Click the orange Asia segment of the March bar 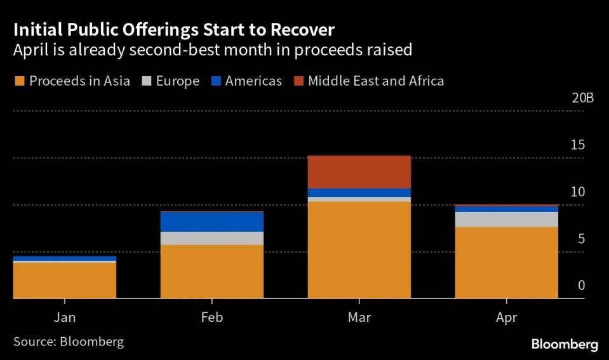coord(359,250)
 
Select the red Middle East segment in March coord(359,171)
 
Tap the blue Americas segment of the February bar coord(211,222)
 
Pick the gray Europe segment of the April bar coord(506,219)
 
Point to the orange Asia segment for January coord(64,280)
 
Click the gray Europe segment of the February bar coord(211,238)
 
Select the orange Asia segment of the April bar coord(506,262)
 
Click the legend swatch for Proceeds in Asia coord(18,81)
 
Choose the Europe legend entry coord(172,81)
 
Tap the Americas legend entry coord(246,81)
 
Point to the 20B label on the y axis coord(582,98)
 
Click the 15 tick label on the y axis coord(577,145)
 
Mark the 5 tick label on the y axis coord(580,239)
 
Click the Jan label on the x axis coord(65,317)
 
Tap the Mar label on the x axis coord(359,317)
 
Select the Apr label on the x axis coord(506,317)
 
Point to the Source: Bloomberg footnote coord(69,342)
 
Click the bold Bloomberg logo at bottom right coord(565,345)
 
